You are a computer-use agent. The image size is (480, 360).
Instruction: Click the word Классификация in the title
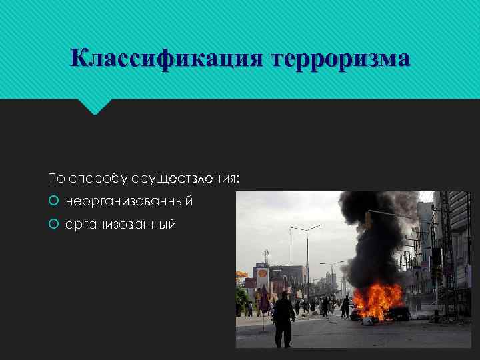(167, 59)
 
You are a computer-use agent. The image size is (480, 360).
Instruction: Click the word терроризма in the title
(340, 59)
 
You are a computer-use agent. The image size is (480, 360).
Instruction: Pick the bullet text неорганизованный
(129, 201)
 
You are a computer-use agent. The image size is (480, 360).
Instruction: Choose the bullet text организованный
(121, 224)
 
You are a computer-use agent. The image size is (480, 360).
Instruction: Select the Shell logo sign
(262, 274)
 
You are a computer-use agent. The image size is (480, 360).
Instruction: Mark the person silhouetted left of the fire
(345, 307)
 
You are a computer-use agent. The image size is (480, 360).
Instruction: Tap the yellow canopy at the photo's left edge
(241, 274)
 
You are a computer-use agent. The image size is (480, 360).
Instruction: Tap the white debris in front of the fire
(367, 321)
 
